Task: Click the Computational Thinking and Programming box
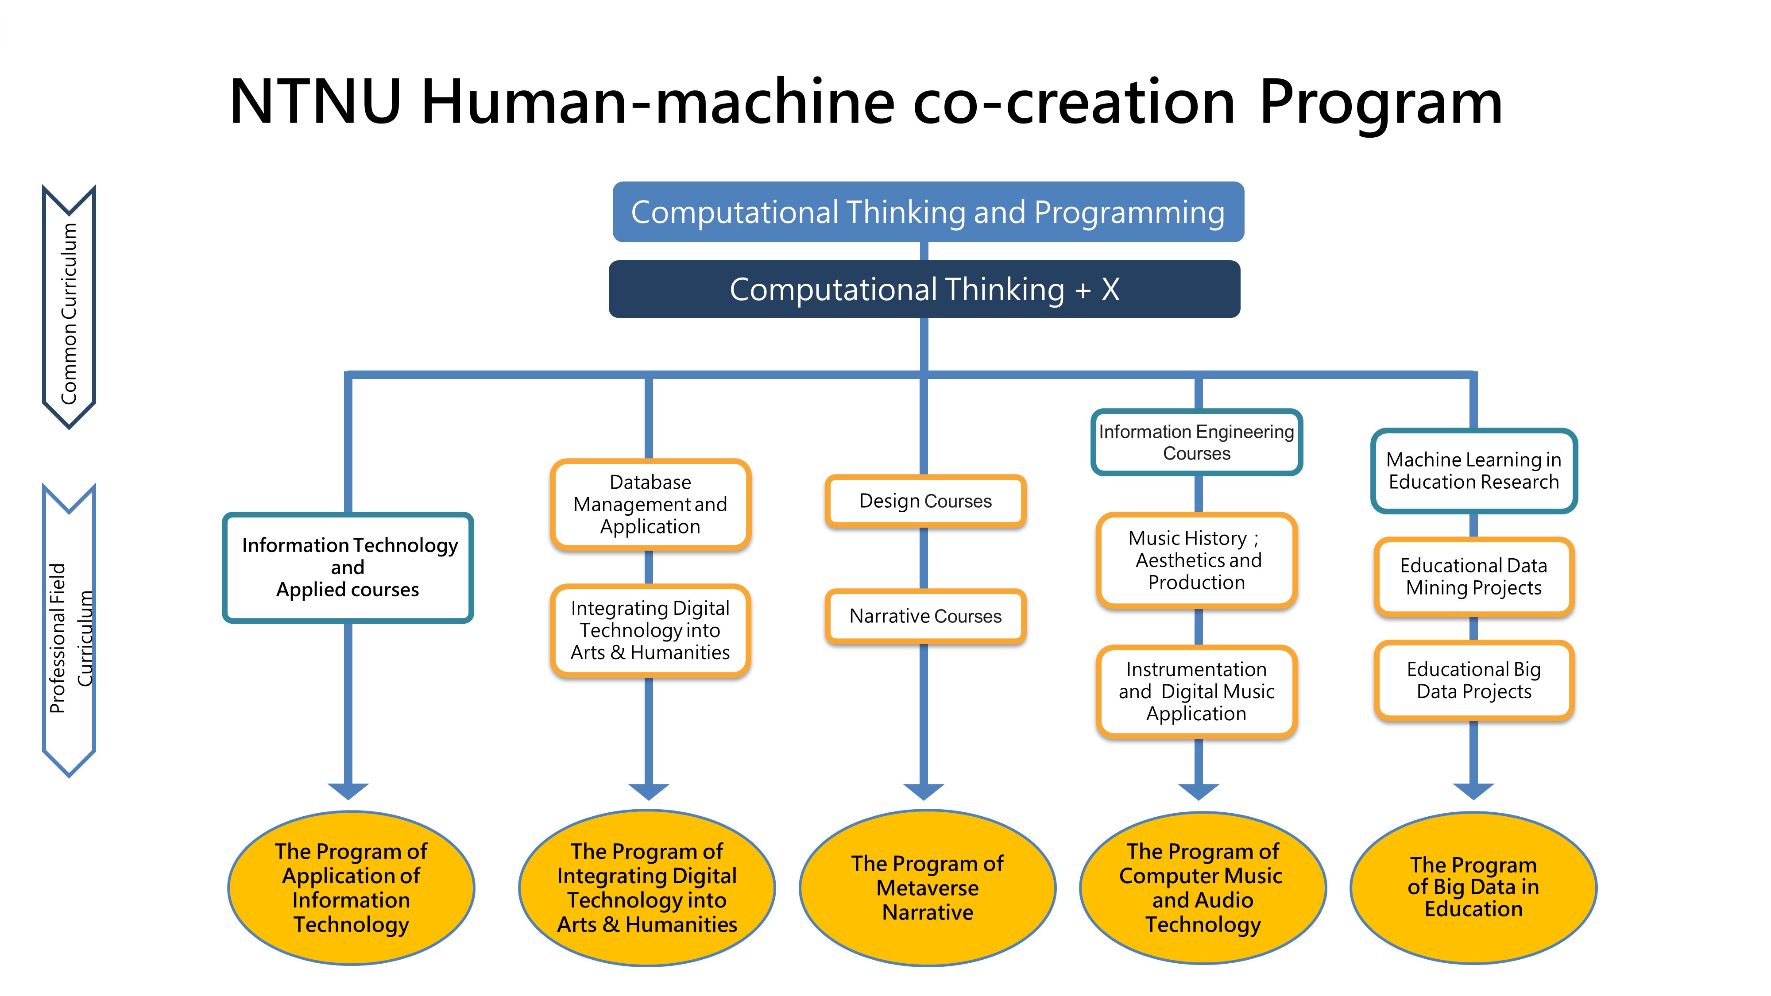point(928,212)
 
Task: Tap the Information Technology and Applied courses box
point(348,567)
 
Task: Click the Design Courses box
point(925,501)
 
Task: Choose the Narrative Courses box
point(925,616)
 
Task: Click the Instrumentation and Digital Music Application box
point(1196,691)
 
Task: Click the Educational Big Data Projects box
point(1473,680)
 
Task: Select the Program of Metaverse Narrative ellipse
point(928,888)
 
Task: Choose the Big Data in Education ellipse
point(1473,888)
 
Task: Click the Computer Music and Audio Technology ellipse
point(1203,888)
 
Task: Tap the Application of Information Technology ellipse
point(351,888)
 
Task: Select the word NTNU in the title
point(315,102)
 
